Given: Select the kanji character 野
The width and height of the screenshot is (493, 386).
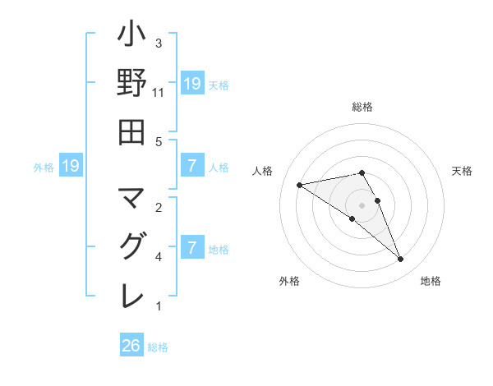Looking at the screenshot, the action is [x=131, y=84].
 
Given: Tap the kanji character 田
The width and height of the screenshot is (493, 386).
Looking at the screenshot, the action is [x=131, y=132].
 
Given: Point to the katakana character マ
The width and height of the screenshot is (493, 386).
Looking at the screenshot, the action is [x=131, y=198].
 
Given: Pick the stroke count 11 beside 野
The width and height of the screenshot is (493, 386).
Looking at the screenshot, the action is [x=158, y=93].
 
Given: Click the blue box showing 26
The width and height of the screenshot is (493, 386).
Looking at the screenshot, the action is [x=131, y=346].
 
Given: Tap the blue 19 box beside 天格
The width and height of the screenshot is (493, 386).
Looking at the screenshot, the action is [x=191, y=83].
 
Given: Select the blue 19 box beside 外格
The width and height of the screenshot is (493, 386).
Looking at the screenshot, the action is [x=70, y=166].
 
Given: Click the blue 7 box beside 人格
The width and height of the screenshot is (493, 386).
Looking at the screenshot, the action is [x=191, y=166].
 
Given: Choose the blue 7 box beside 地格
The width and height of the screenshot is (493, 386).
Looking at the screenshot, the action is [x=191, y=247].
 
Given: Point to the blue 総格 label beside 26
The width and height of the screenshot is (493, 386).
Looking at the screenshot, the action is [x=159, y=347].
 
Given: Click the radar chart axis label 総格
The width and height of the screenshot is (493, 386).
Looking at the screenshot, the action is [x=362, y=107].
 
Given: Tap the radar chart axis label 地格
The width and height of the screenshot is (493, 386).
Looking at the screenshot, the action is [x=431, y=282].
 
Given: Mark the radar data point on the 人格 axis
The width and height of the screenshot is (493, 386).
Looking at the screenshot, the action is [x=300, y=185].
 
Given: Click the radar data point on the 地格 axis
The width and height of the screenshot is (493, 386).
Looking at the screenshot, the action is [x=401, y=260].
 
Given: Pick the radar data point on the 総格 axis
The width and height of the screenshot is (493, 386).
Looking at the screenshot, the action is [x=362, y=172].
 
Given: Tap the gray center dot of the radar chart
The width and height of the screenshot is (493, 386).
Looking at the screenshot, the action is [x=362, y=204].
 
